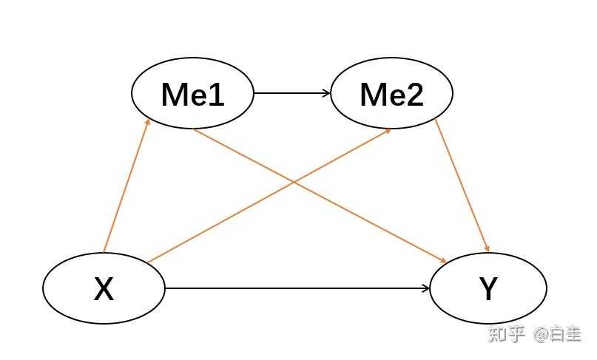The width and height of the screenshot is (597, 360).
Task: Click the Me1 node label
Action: [x=192, y=94]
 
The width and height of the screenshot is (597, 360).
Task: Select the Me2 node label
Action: [x=391, y=94]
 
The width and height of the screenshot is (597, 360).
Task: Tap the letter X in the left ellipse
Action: [x=104, y=289]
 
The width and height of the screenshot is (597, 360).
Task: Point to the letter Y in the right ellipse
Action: [x=488, y=289]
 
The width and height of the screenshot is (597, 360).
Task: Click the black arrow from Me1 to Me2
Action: [x=291, y=93]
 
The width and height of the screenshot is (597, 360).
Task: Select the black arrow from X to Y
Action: [x=296, y=288]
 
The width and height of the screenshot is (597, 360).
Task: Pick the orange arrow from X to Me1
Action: [x=127, y=185]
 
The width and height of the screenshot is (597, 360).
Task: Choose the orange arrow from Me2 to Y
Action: [x=462, y=185]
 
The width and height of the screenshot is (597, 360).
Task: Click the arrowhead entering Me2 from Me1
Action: [x=327, y=93]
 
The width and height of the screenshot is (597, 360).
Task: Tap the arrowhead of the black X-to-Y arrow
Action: [x=426, y=288]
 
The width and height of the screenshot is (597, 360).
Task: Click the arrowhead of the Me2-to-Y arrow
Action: [x=487, y=248]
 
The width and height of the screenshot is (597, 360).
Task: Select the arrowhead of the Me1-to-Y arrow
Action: [x=443, y=261]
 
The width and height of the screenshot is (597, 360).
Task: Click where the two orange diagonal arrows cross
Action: [x=294, y=181]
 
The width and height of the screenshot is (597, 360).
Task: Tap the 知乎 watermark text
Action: [x=506, y=335]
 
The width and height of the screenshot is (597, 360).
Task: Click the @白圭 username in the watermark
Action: [x=558, y=335]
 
